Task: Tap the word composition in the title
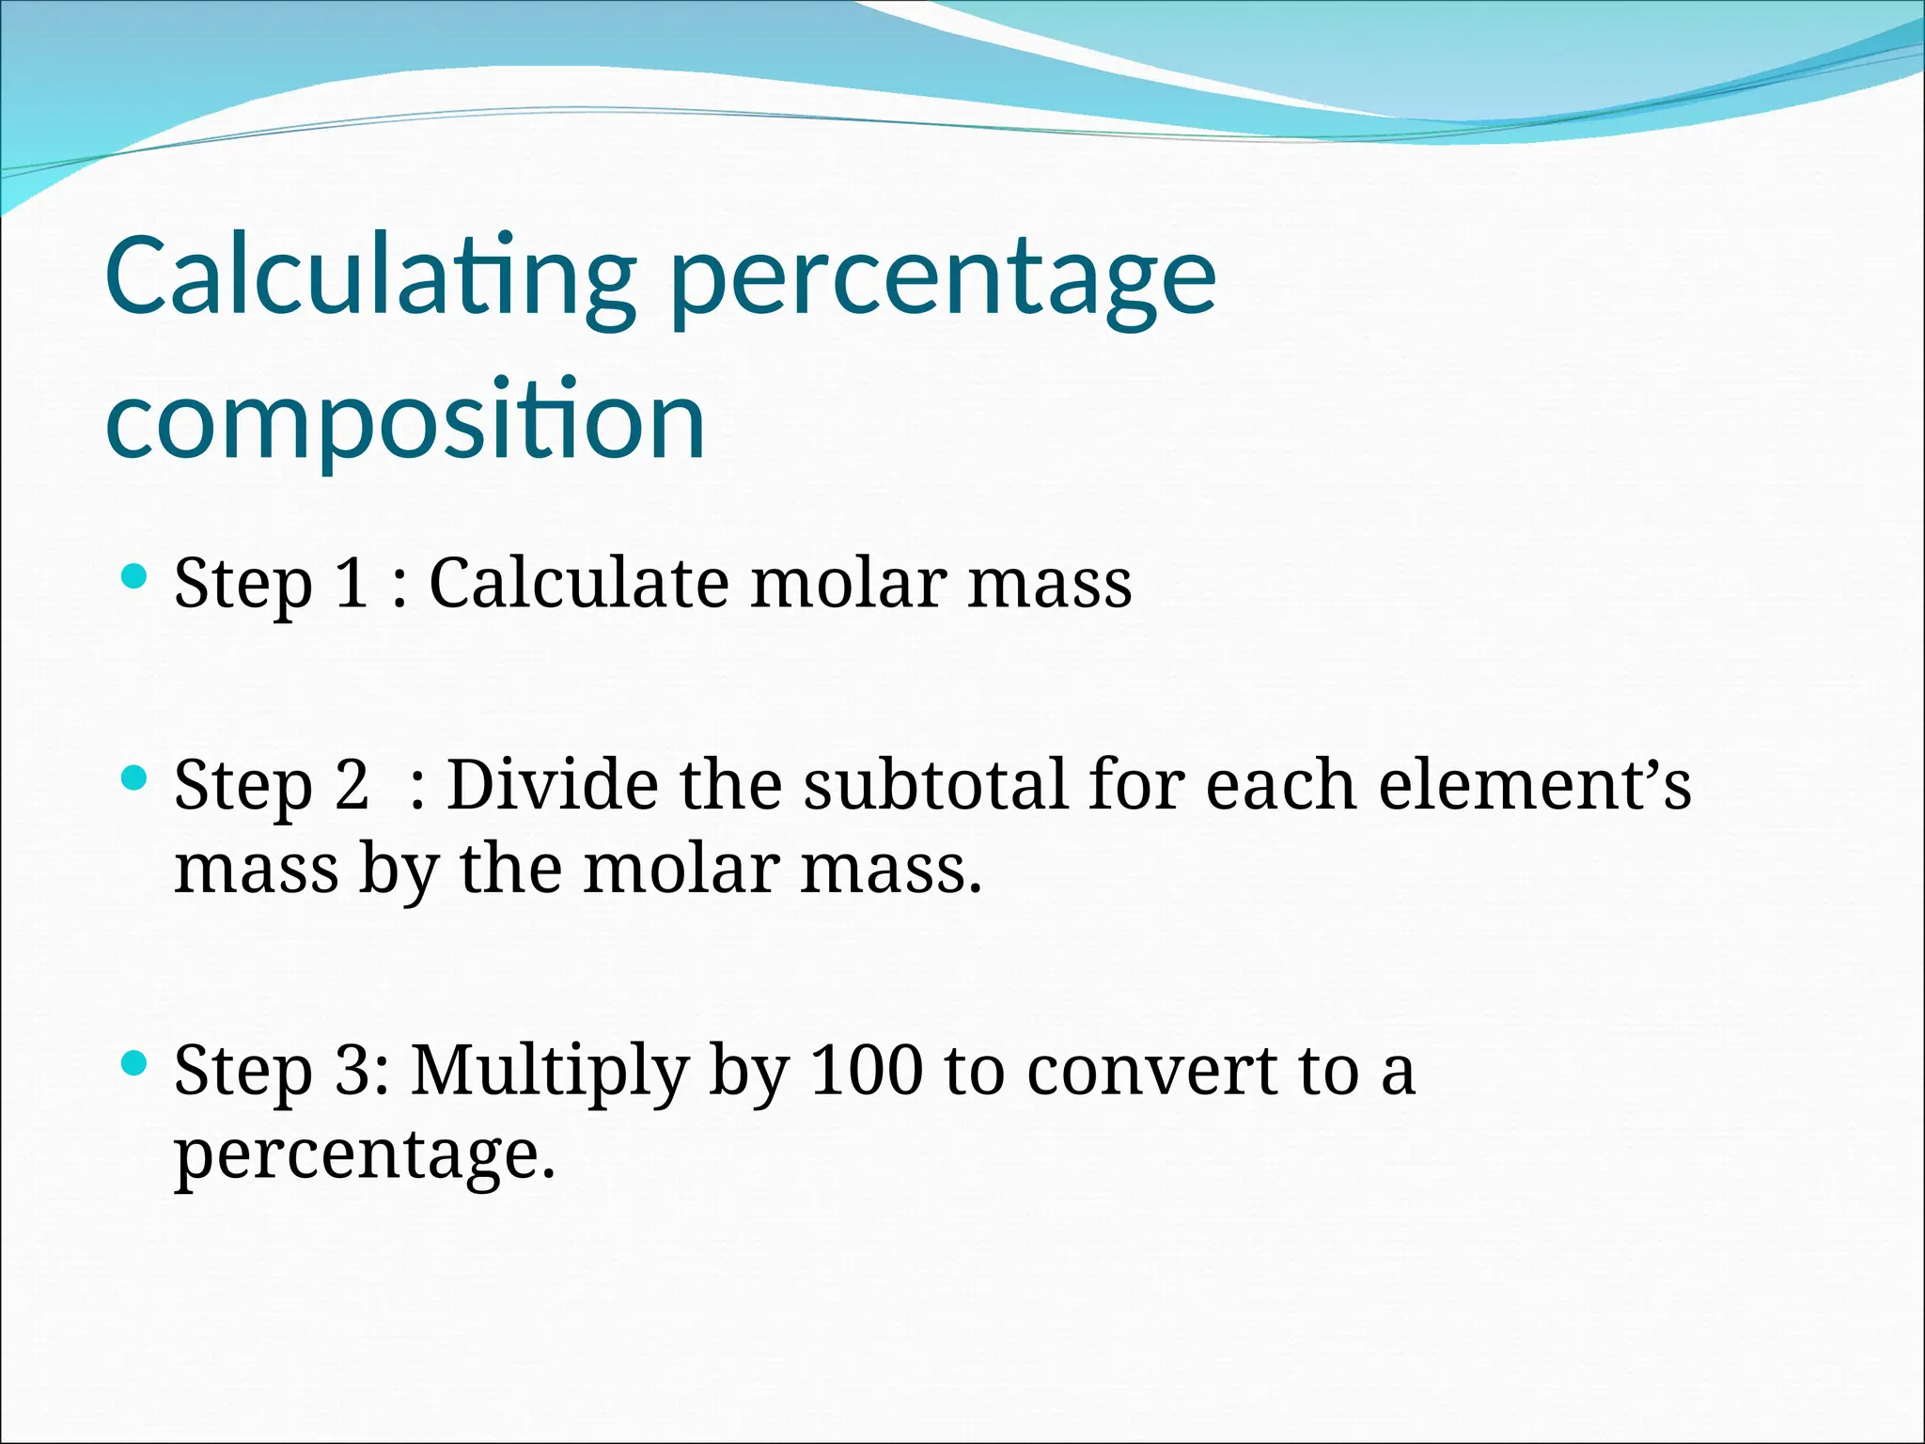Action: point(405,420)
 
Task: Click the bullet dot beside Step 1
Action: point(135,575)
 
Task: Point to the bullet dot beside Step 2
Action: point(135,777)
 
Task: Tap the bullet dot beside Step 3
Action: point(135,1063)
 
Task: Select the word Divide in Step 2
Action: point(552,784)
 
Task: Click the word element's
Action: point(1534,784)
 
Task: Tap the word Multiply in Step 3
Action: point(550,1071)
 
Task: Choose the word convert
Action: point(1151,1071)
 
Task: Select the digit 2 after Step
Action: point(352,784)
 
